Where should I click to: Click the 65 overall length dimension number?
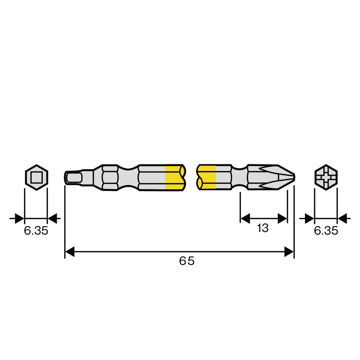(x=187, y=261)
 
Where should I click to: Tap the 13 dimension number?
(x=263, y=228)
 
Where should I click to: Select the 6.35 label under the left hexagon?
(x=36, y=231)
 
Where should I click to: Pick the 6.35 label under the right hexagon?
(x=326, y=231)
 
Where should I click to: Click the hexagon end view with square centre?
(x=37, y=177)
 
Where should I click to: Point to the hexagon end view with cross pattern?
(x=326, y=177)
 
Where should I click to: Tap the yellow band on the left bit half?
(x=174, y=177)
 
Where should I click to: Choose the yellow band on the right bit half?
(x=207, y=177)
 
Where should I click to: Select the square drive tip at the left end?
(x=73, y=177)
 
